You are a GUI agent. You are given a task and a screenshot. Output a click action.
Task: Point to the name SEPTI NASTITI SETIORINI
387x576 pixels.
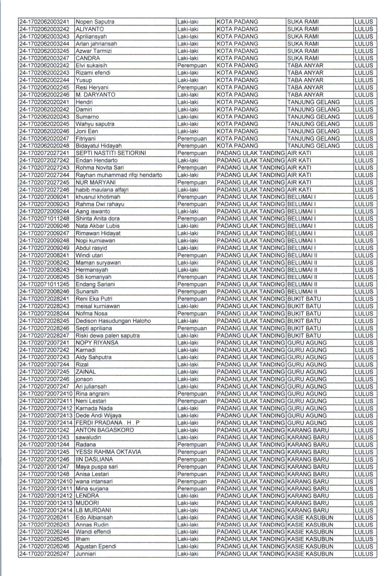tap(111, 153)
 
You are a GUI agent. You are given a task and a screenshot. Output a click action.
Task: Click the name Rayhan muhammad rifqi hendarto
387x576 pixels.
tap(119, 175)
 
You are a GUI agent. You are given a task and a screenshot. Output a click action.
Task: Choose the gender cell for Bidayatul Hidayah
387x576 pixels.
tap(192, 146)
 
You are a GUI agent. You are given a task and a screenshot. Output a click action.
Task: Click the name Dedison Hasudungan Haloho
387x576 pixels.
tap(113, 321)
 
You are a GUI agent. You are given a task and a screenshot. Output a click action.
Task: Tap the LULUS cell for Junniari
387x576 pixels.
tap(364, 554)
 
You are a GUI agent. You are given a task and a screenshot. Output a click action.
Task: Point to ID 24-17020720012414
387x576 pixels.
tap(46, 511)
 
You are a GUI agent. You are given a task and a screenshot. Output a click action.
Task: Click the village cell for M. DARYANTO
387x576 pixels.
tap(305, 95)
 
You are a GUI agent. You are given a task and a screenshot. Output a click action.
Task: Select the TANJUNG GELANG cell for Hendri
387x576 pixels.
tap(313, 102)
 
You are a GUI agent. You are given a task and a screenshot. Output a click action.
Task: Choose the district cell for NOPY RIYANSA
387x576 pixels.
tap(250, 343)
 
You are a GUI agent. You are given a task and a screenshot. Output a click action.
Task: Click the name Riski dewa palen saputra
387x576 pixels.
tap(107, 336)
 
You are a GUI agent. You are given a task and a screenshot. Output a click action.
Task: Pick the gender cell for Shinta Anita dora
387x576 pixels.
tap(192, 219)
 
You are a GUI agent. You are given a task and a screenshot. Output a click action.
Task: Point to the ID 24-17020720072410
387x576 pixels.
tap(46, 394)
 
